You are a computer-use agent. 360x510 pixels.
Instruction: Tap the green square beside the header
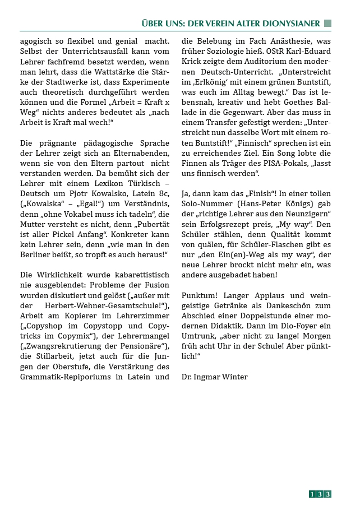point(328,23)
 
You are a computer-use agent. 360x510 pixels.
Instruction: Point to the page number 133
point(320,494)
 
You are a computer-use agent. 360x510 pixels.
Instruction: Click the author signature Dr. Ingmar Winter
point(214,377)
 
